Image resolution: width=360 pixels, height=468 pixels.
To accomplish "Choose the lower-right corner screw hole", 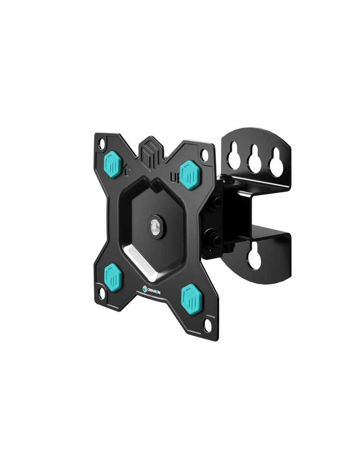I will pos(208,321).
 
